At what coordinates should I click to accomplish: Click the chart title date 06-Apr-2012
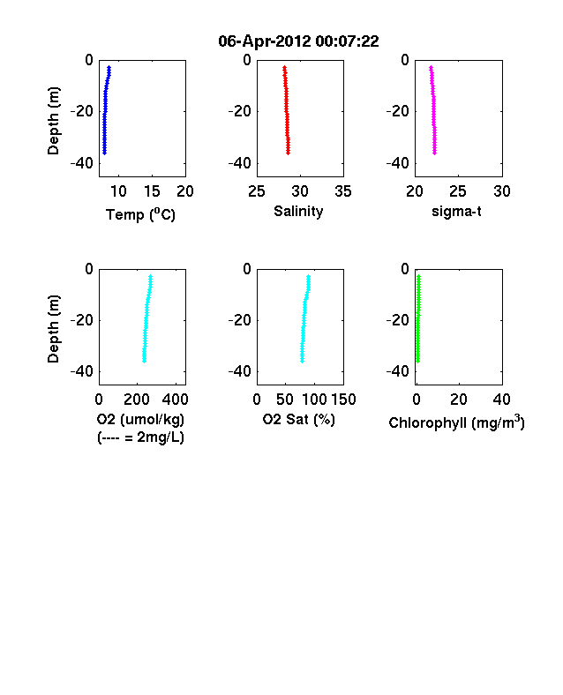[x=265, y=41]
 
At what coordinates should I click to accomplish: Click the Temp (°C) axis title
[x=140, y=214]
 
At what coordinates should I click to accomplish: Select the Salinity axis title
[x=298, y=211]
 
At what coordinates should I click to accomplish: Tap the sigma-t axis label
[x=456, y=212]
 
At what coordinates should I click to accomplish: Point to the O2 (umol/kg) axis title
[x=140, y=419]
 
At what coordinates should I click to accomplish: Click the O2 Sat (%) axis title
[x=299, y=419]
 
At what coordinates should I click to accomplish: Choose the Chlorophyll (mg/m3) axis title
[x=456, y=422]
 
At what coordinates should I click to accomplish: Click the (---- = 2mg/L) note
[x=140, y=437]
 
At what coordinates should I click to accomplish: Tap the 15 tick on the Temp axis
[x=152, y=191]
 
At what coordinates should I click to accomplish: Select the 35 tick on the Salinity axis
[x=343, y=191]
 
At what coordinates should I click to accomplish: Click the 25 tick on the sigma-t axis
[x=458, y=191]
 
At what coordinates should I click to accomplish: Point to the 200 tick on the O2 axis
[x=137, y=400]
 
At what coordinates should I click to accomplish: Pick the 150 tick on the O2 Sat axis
[x=343, y=400]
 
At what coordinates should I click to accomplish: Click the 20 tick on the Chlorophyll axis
[x=459, y=400]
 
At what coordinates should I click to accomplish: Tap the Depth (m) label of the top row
[x=53, y=121]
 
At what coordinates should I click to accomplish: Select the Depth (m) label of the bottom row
[x=53, y=329]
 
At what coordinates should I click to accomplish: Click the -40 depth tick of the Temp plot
[x=82, y=163]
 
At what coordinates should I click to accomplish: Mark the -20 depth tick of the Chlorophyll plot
[x=398, y=319]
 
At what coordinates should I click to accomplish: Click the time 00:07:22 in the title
[x=348, y=41]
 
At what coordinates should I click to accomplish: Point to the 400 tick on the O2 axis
[x=175, y=400]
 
